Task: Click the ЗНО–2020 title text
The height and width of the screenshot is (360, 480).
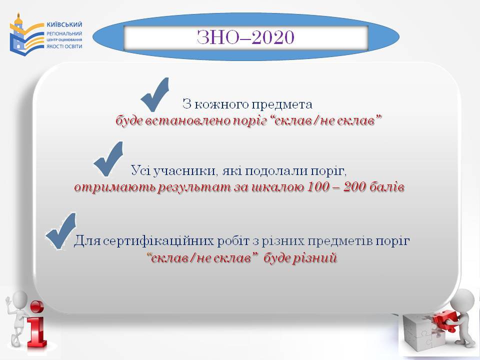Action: click(245, 37)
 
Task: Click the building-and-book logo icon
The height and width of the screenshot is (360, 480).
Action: click(26, 34)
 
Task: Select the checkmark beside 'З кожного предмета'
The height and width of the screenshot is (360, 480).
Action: click(155, 94)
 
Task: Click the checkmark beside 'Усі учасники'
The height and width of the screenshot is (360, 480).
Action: click(108, 158)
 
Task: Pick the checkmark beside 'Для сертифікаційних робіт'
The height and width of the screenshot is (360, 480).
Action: click(61, 231)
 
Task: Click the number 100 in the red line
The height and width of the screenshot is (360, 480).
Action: click(318, 186)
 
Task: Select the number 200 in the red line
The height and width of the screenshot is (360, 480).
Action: click(354, 186)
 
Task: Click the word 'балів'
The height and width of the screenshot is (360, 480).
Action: click(387, 186)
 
